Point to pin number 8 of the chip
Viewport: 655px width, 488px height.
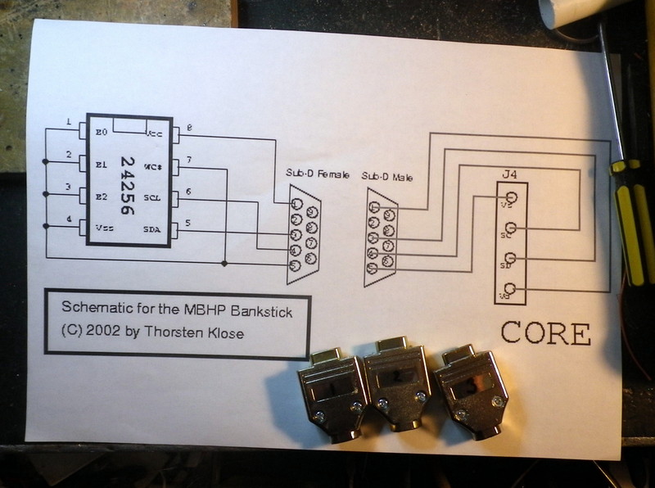189,128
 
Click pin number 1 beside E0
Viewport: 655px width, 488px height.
69,124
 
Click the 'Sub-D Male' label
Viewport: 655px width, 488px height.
387,177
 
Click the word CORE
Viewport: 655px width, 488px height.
545,333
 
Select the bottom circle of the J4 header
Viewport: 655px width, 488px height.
512,288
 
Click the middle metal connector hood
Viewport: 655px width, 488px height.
395,381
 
